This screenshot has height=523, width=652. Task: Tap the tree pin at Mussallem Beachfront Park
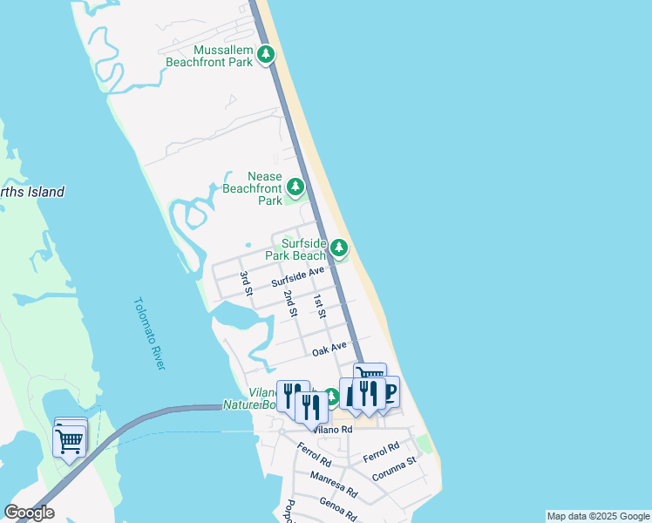[266, 57]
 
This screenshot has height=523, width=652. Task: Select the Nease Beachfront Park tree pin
[295, 187]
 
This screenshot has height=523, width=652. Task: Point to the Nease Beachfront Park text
[253, 188]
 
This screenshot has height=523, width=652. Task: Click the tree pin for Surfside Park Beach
[339, 248]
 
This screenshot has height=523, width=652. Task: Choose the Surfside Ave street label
[297, 277]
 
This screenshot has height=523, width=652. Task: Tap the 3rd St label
[246, 283]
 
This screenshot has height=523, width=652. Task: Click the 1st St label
[319, 306]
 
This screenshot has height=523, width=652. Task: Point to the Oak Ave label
[329, 350]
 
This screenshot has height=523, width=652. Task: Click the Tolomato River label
[149, 333]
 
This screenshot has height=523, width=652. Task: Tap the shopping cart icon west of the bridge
[70, 438]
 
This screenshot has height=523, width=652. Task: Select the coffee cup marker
[389, 392]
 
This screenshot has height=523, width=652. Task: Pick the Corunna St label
[394, 467]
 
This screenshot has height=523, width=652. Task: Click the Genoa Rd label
[337, 508]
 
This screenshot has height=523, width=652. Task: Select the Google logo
[29, 513]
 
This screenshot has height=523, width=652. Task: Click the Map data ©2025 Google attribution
[598, 516]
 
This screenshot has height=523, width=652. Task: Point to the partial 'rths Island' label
[32, 192]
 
